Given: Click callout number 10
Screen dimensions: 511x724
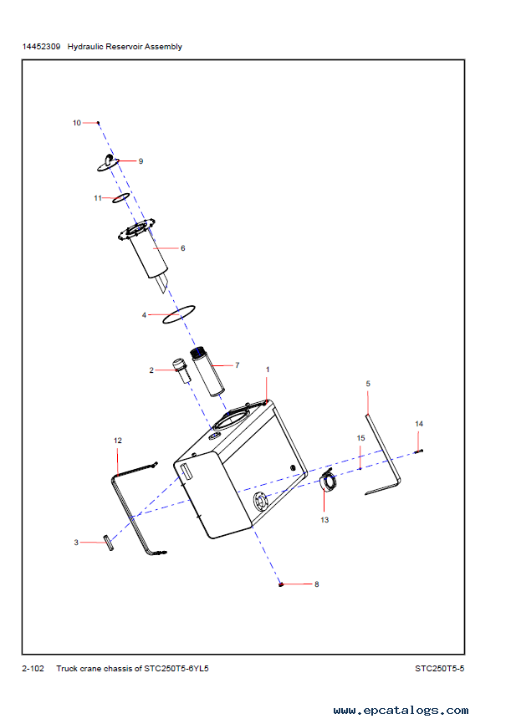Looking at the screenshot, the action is (77, 123).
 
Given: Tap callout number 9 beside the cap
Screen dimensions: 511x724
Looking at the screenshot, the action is (141, 161).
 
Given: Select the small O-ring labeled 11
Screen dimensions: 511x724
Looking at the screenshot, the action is (121, 197).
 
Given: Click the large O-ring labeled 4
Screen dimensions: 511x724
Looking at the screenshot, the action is (179, 314).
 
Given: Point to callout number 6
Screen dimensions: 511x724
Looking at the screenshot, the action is (183, 248).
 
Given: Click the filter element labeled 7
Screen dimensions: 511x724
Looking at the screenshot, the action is (207, 372).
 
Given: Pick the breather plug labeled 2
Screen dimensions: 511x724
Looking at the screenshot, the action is (181, 370).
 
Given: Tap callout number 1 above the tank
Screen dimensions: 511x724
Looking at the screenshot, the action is (268, 370).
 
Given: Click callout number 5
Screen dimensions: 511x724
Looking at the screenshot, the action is (368, 384).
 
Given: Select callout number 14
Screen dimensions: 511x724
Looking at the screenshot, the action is (419, 424).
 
